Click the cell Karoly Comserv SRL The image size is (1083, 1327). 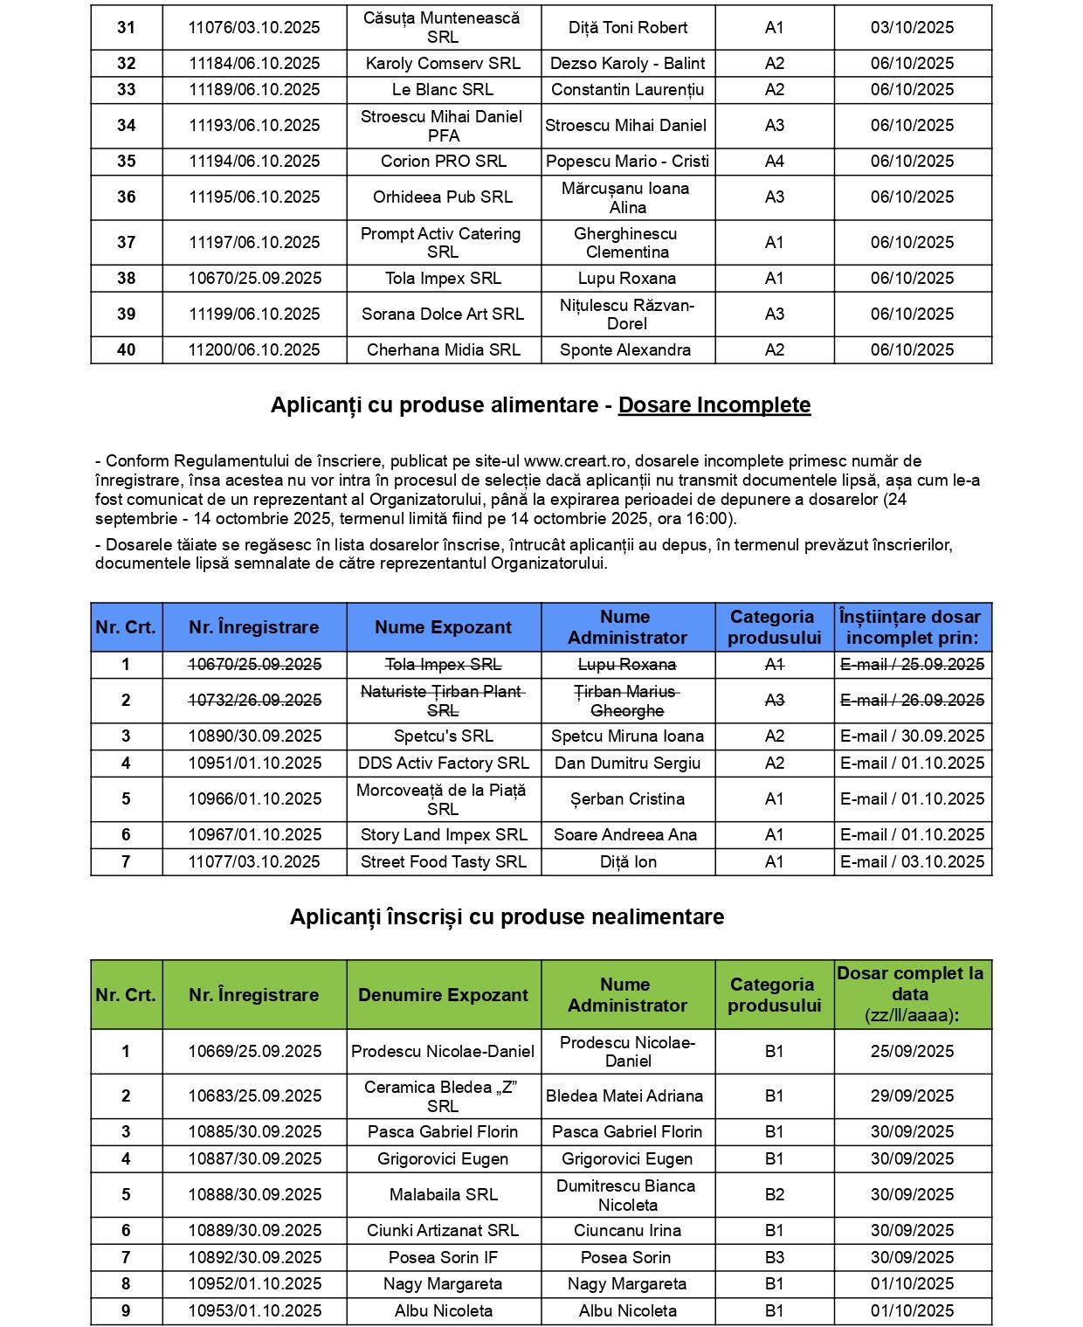(x=443, y=64)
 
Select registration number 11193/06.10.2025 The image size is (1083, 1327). (x=254, y=126)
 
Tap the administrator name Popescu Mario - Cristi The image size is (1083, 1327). (x=627, y=162)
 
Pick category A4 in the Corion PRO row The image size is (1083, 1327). (x=774, y=162)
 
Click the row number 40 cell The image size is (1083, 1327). (x=127, y=350)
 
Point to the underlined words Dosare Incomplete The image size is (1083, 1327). (x=714, y=405)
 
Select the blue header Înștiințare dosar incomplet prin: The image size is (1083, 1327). (x=912, y=627)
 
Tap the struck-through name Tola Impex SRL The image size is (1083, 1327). (x=443, y=665)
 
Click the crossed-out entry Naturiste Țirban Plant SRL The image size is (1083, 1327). (x=443, y=701)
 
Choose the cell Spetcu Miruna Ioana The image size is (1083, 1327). (x=627, y=736)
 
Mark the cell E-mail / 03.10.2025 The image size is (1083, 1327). (x=912, y=862)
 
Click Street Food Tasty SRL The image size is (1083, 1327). (x=443, y=862)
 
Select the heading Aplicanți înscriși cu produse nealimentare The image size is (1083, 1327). (x=507, y=917)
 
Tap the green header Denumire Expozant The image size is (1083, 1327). (x=443, y=995)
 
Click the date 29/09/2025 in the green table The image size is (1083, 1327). (x=912, y=1096)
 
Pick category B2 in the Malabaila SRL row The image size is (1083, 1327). (x=774, y=1195)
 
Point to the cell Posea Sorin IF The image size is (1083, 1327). (x=443, y=1258)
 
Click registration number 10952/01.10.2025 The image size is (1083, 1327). (x=254, y=1284)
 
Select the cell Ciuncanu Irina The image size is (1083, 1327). (x=627, y=1231)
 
